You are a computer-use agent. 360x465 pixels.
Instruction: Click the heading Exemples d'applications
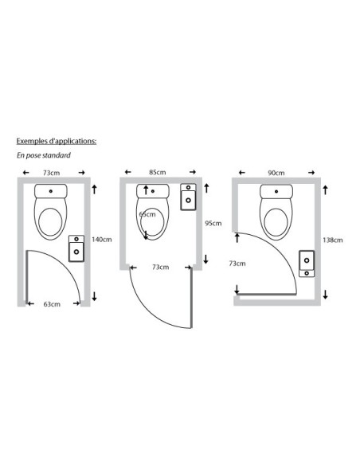(57, 141)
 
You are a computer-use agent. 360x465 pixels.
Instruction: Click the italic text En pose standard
(44, 155)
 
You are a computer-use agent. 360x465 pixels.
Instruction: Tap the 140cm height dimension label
(102, 240)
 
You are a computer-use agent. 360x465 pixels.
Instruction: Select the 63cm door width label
(52, 304)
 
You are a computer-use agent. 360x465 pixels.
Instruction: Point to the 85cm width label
(158, 172)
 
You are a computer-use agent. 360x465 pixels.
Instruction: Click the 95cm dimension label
(213, 223)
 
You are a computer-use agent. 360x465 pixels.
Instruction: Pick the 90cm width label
(276, 173)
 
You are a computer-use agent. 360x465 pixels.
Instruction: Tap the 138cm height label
(333, 240)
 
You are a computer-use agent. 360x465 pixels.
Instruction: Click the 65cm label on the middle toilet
(147, 214)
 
